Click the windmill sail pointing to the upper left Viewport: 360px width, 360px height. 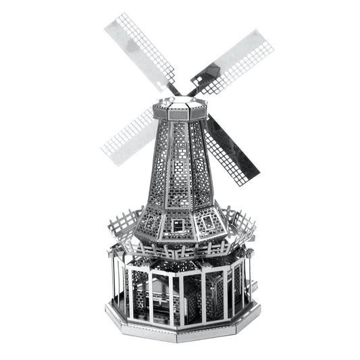pos(138,50)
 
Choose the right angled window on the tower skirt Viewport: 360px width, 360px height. pos(213,219)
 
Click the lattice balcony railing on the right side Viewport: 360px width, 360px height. pos(242,223)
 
